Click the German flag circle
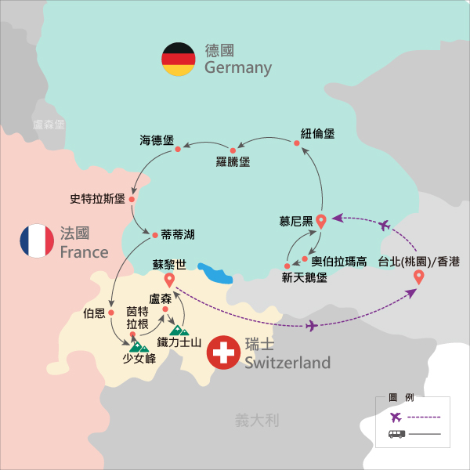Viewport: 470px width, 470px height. (178, 60)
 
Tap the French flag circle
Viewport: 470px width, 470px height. (37, 241)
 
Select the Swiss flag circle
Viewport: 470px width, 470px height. (223, 353)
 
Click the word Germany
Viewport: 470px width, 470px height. (238, 68)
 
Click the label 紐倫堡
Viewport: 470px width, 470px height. (317, 134)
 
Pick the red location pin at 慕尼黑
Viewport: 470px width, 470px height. (321, 221)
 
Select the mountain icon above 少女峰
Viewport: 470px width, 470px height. (139, 344)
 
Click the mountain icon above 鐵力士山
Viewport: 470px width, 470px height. (179, 330)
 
